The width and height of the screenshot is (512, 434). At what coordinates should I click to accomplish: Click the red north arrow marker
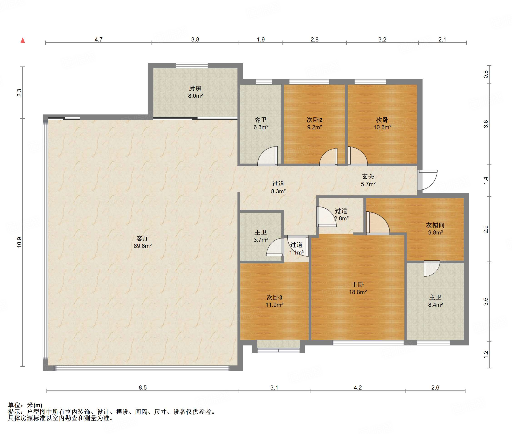tap(23, 40)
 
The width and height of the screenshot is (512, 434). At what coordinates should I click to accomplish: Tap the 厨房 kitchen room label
tap(195, 88)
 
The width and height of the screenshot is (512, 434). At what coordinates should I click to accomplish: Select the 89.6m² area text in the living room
tap(143, 246)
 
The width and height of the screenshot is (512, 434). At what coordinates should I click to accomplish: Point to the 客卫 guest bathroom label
tap(261, 120)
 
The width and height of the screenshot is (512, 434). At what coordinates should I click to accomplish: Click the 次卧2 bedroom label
tap(314, 120)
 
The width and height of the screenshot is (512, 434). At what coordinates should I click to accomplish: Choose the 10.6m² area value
tap(382, 127)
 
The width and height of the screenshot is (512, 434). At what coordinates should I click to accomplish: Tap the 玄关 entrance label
tap(368, 177)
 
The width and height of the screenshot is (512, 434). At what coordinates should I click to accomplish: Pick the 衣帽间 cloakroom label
tap(435, 225)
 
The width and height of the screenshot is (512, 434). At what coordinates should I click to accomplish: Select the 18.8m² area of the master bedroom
tap(358, 292)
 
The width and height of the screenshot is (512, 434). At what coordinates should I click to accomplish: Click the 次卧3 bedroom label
tap(274, 297)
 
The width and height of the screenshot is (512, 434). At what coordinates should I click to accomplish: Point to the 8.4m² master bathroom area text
tap(435, 305)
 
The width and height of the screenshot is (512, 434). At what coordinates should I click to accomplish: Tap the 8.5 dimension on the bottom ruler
tap(143, 387)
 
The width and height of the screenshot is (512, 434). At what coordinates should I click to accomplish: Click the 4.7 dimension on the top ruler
tap(99, 39)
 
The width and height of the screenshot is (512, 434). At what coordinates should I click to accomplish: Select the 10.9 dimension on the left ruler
tap(19, 242)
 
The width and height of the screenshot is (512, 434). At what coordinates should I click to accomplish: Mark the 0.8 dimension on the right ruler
tap(485, 74)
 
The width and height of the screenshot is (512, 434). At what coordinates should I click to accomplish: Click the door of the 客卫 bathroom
tap(268, 156)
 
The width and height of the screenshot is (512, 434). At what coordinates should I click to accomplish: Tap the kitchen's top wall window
tap(192, 65)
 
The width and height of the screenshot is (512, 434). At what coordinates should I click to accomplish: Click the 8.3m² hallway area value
tap(278, 191)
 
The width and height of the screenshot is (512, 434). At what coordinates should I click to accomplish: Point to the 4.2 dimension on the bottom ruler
tap(358, 387)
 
